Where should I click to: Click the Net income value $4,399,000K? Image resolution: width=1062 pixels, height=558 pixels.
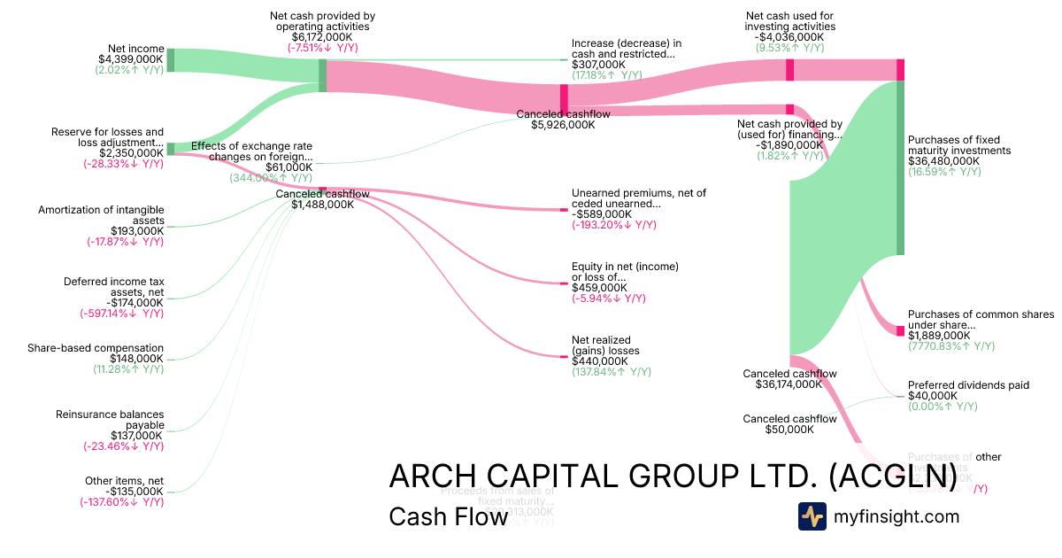[x=130, y=59]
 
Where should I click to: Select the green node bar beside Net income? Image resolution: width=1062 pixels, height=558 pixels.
[x=171, y=60]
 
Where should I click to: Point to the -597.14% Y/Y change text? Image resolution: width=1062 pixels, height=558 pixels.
[x=122, y=314]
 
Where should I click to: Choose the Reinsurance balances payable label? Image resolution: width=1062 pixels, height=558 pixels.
[x=110, y=420]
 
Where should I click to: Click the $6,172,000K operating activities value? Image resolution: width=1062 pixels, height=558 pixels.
[x=322, y=37]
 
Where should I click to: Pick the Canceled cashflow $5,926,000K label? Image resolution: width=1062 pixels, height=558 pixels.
[x=556, y=120]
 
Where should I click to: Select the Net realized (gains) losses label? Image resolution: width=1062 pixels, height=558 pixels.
[x=605, y=345]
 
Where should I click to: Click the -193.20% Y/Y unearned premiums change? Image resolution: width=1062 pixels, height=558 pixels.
[x=614, y=225]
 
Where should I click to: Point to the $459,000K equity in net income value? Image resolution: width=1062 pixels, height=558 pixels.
[x=600, y=288]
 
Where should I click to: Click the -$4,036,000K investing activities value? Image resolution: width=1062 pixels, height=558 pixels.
[x=789, y=37]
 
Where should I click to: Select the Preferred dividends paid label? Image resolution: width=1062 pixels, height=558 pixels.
[x=968, y=385]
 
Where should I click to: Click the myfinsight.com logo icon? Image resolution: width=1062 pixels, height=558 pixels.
[x=812, y=516]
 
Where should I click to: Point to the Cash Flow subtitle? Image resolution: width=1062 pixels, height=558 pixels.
[x=448, y=516]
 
